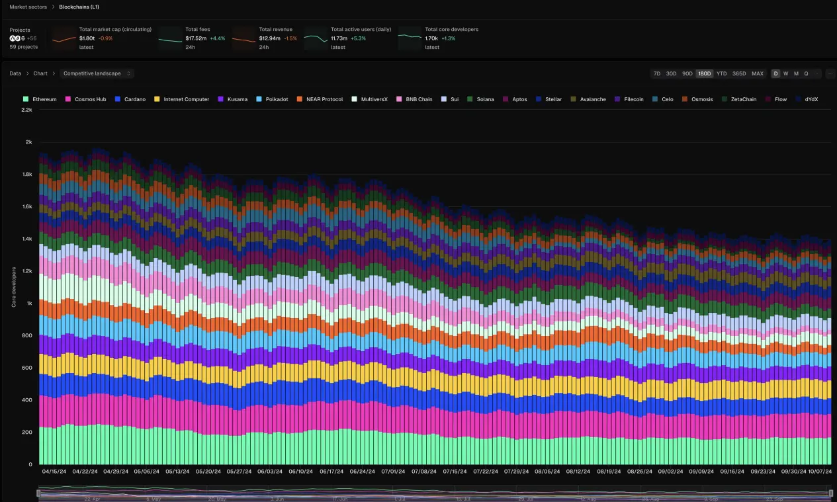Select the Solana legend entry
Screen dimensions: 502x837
(x=485, y=99)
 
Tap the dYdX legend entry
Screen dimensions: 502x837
(x=811, y=99)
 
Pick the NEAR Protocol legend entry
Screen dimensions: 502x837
(x=324, y=99)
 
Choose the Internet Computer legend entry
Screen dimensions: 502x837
(x=186, y=99)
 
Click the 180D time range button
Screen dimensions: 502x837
(x=704, y=73)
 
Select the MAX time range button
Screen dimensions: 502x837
(x=757, y=73)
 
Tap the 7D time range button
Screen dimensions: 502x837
(x=656, y=73)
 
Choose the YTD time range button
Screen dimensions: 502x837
(x=721, y=73)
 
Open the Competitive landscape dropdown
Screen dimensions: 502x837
(x=97, y=73)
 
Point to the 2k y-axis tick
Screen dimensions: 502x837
(x=28, y=142)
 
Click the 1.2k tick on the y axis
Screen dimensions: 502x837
(x=26, y=271)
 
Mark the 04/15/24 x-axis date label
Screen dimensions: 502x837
(x=54, y=472)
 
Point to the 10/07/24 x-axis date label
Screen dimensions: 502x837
(x=819, y=472)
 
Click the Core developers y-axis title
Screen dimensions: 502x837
(x=14, y=287)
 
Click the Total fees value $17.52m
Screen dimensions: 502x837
(x=195, y=38)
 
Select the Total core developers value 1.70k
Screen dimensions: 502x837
(x=431, y=38)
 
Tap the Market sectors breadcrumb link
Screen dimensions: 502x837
(x=28, y=7)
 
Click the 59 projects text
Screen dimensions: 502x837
(x=23, y=47)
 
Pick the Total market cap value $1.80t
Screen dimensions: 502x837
(x=87, y=38)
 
